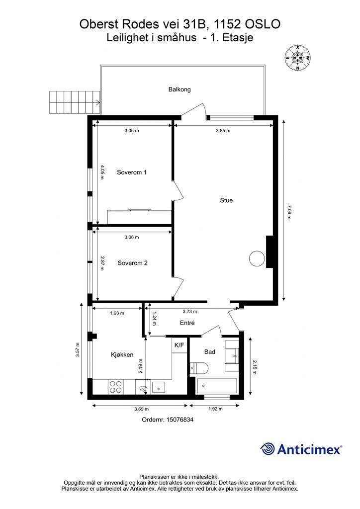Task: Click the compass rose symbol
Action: (297, 58)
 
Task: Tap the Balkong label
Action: (180, 89)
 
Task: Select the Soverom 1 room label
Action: (132, 172)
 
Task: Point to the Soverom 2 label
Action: (132, 263)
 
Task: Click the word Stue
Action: (226, 200)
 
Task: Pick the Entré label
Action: (187, 323)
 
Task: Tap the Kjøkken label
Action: (122, 355)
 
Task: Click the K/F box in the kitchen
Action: (180, 345)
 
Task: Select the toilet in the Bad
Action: (198, 368)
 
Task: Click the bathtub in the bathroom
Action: (217, 386)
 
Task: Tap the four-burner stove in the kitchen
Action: (116, 387)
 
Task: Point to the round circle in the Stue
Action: (257, 259)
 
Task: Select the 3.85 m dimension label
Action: (223, 131)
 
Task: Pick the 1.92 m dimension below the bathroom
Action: (215, 409)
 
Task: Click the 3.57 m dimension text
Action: (78, 350)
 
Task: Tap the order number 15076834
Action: (180, 420)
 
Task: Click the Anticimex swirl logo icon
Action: (268, 449)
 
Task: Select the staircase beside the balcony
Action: (75, 102)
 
